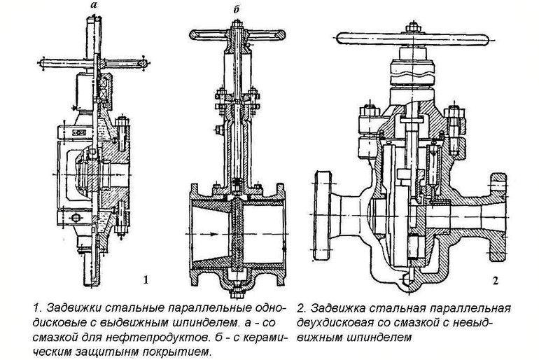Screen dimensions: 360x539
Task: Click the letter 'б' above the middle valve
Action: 237,10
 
